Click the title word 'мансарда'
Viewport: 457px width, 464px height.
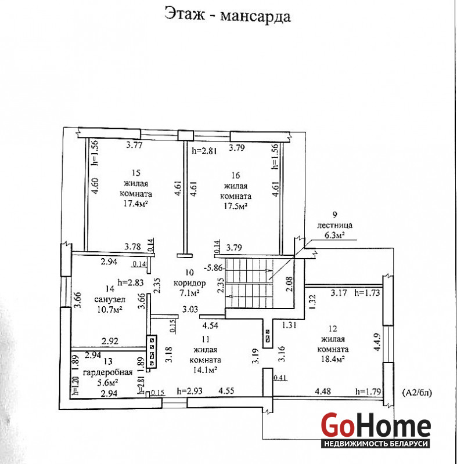pos(256,16)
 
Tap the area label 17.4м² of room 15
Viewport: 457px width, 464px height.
pos(136,204)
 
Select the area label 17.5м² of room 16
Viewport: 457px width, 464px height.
pos(235,206)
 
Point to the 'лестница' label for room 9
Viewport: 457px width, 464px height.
pos(334,225)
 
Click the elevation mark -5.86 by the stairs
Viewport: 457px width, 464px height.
pos(213,268)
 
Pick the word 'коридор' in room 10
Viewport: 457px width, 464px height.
pos(189,283)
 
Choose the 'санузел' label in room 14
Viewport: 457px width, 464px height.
pos(110,299)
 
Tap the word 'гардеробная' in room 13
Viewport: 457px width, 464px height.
pos(108,372)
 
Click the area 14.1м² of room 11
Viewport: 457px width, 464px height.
pos(205,370)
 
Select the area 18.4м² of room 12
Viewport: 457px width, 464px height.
pos(333,359)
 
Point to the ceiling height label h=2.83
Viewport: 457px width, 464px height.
pos(131,282)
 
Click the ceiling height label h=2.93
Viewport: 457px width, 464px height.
pos(189,391)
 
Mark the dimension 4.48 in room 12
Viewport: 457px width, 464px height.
pos(323,391)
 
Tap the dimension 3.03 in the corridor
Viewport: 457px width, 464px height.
pos(190,310)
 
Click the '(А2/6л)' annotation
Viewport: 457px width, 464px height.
pos(417,393)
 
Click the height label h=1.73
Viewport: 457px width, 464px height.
pos(367,293)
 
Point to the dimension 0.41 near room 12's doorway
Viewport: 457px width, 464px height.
pos(280,378)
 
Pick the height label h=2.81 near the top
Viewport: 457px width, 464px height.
pos(204,151)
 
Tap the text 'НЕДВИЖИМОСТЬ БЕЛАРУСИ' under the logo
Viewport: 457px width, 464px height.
pos(376,444)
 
